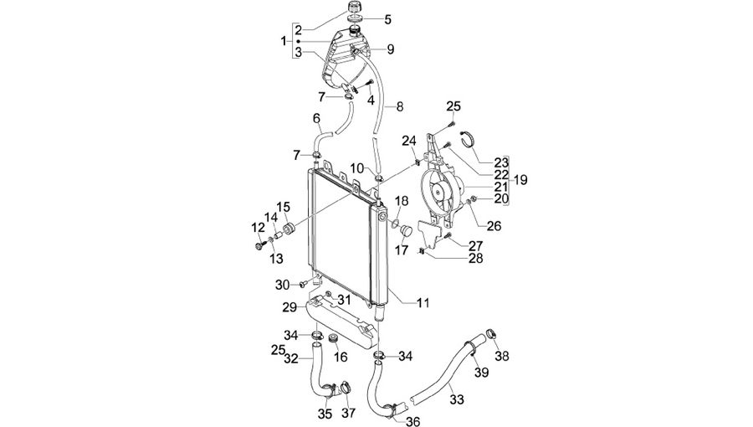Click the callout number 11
pyautogui.click(x=423, y=303)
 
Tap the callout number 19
pyautogui.click(x=520, y=180)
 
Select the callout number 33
pyautogui.click(x=457, y=399)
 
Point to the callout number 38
pyautogui.click(x=502, y=356)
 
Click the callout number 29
pyautogui.click(x=289, y=307)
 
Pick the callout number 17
pyautogui.click(x=402, y=250)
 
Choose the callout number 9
pyautogui.click(x=391, y=49)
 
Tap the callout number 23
pyautogui.click(x=501, y=163)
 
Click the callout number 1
pyautogui.click(x=284, y=41)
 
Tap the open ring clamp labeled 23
pyautogui.click(x=469, y=139)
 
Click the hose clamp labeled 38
pyautogui.click(x=491, y=333)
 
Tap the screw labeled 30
pyautogui.click(x=304, y=286)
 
